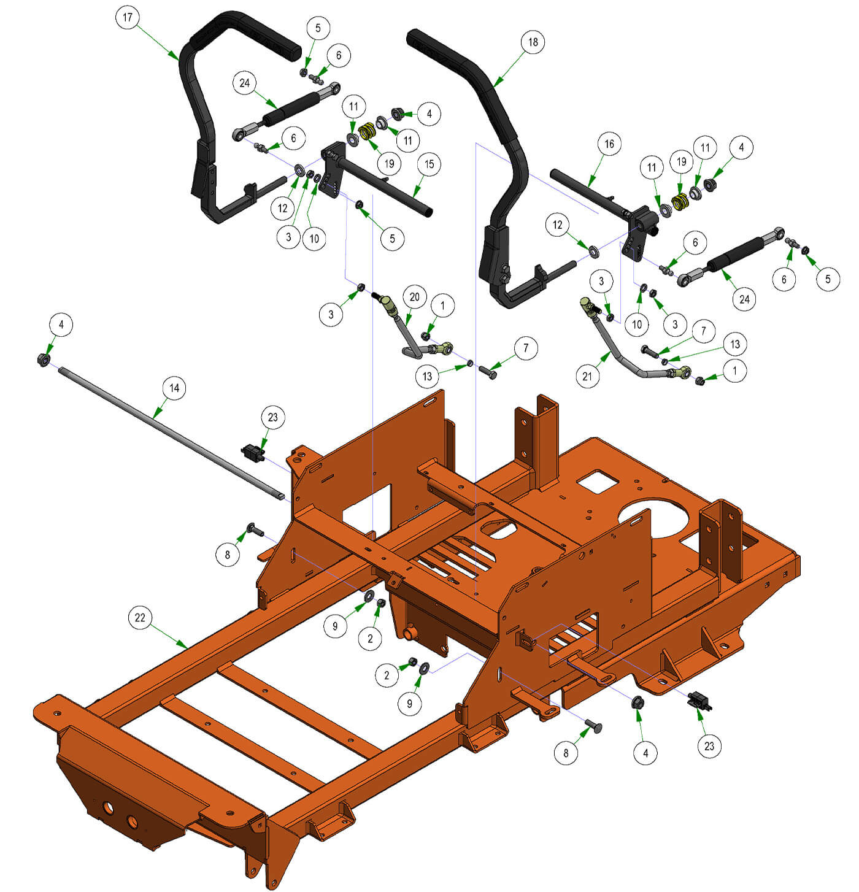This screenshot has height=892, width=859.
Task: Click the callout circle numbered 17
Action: coord(128,17)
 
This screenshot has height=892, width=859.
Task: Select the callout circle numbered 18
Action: coord(533,42)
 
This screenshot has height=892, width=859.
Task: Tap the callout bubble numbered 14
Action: coord(174,388)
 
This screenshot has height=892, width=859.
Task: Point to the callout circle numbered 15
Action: coord(429,164)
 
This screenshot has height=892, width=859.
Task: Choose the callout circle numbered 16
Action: coord(609,144)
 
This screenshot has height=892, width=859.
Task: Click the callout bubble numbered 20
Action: coord(414,297)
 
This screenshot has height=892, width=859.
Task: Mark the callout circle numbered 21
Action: coord(587,376)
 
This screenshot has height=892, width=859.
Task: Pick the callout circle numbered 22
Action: coord(140,617)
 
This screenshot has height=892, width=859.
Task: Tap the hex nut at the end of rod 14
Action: coord(44,359)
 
